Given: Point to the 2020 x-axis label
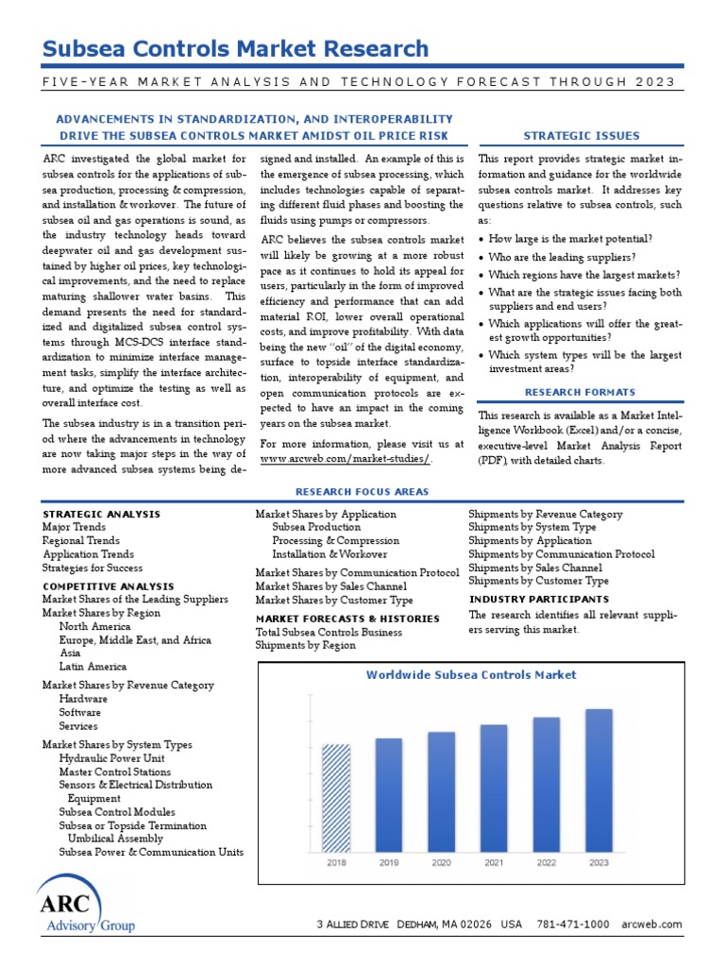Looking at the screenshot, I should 441,862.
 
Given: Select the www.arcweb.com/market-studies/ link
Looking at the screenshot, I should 346,459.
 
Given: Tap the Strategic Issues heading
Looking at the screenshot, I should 581,136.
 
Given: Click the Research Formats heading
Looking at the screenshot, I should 581,393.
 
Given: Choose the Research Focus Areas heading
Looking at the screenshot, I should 362,492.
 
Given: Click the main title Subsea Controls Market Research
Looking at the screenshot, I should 236,49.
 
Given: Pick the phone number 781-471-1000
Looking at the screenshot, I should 572,925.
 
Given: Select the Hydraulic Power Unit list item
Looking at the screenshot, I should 111,758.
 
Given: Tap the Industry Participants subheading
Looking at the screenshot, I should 539,600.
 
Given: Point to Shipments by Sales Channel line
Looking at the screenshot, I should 535,568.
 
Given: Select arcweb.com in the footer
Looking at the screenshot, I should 651,925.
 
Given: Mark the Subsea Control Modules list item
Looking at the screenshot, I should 116,812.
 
